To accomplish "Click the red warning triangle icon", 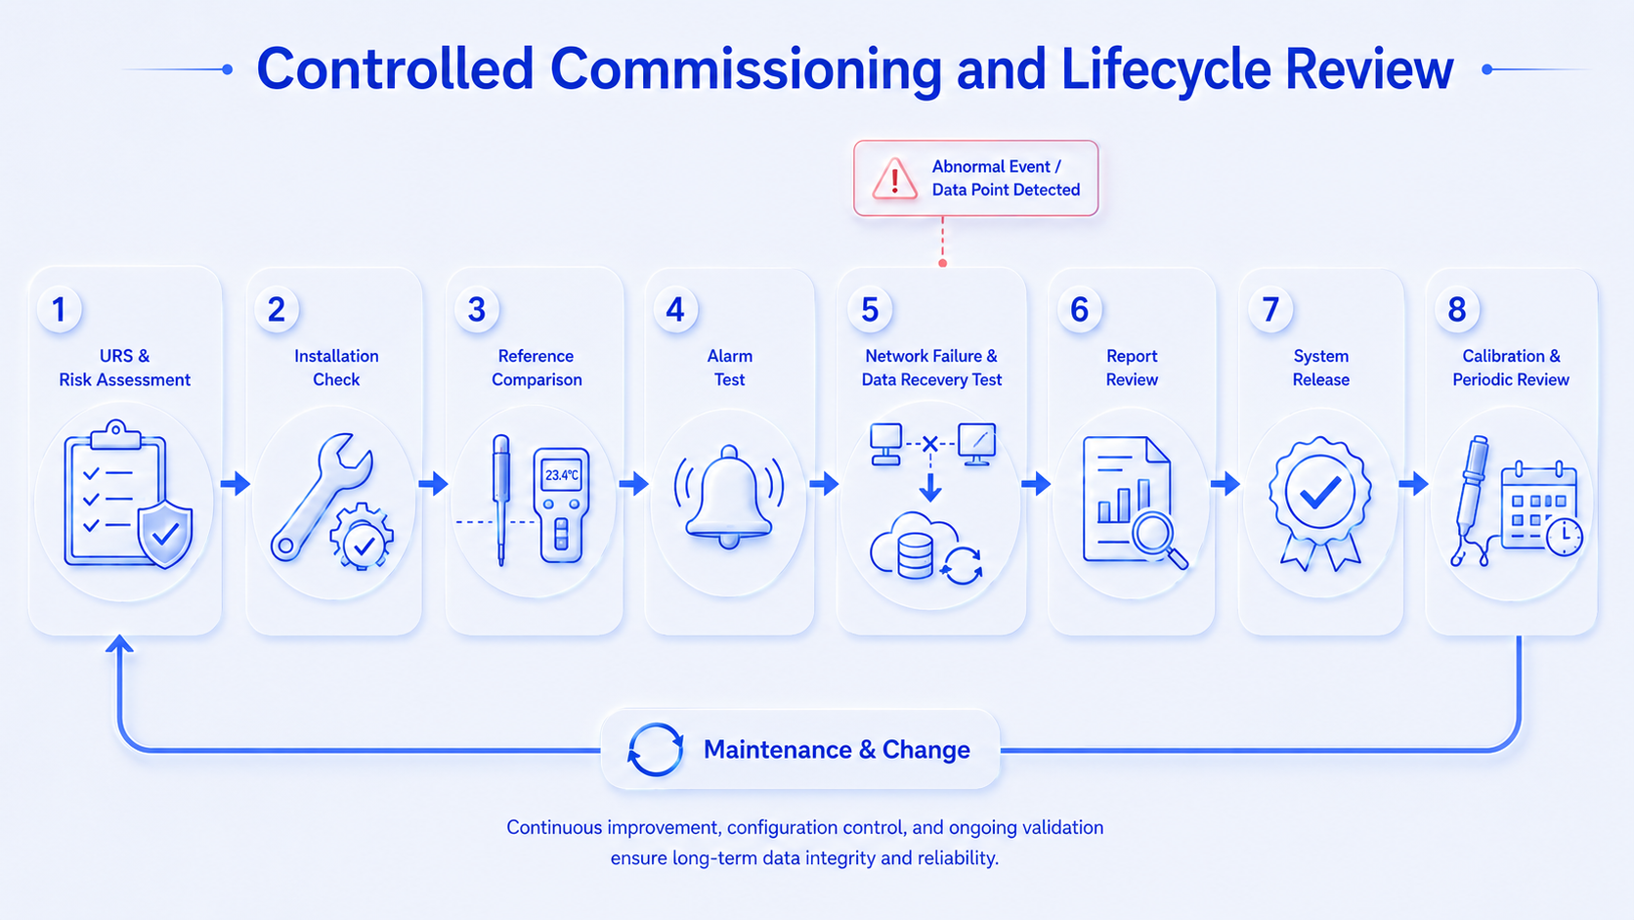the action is coord(894,179).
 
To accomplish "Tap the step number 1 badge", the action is coord(59,309).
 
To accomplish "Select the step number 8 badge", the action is coord(1457,309).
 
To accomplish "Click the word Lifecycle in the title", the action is coord(1165,70).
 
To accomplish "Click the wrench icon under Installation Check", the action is coord(321,496).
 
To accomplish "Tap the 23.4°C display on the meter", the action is coord(562,475).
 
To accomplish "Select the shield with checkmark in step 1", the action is coord(165,534).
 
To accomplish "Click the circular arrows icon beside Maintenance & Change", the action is coord(655,749).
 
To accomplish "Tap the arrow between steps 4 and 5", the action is coord(824,483).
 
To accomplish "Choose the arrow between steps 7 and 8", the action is coord(1414,483).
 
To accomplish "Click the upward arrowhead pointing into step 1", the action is coord(119,643).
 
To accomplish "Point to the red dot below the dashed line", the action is coord(942,263).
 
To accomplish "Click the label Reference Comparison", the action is coord(537,368).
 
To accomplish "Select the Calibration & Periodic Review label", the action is coord(1511,368).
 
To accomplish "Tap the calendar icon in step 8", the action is coord(1540,507).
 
